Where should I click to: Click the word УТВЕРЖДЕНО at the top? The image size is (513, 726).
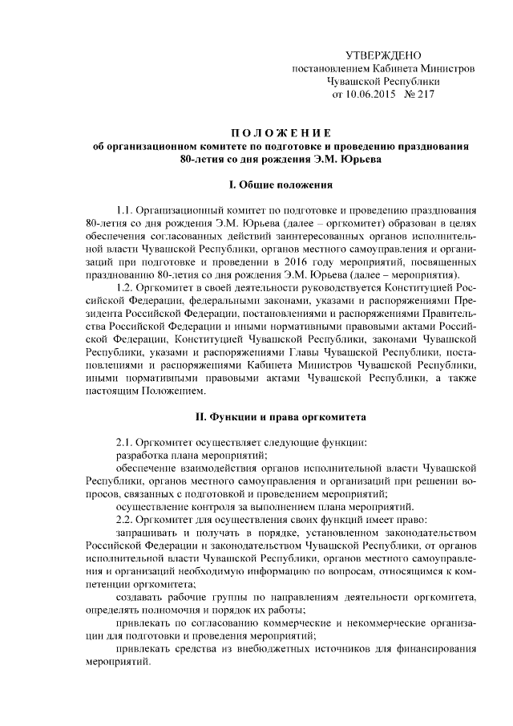point(382,55)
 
